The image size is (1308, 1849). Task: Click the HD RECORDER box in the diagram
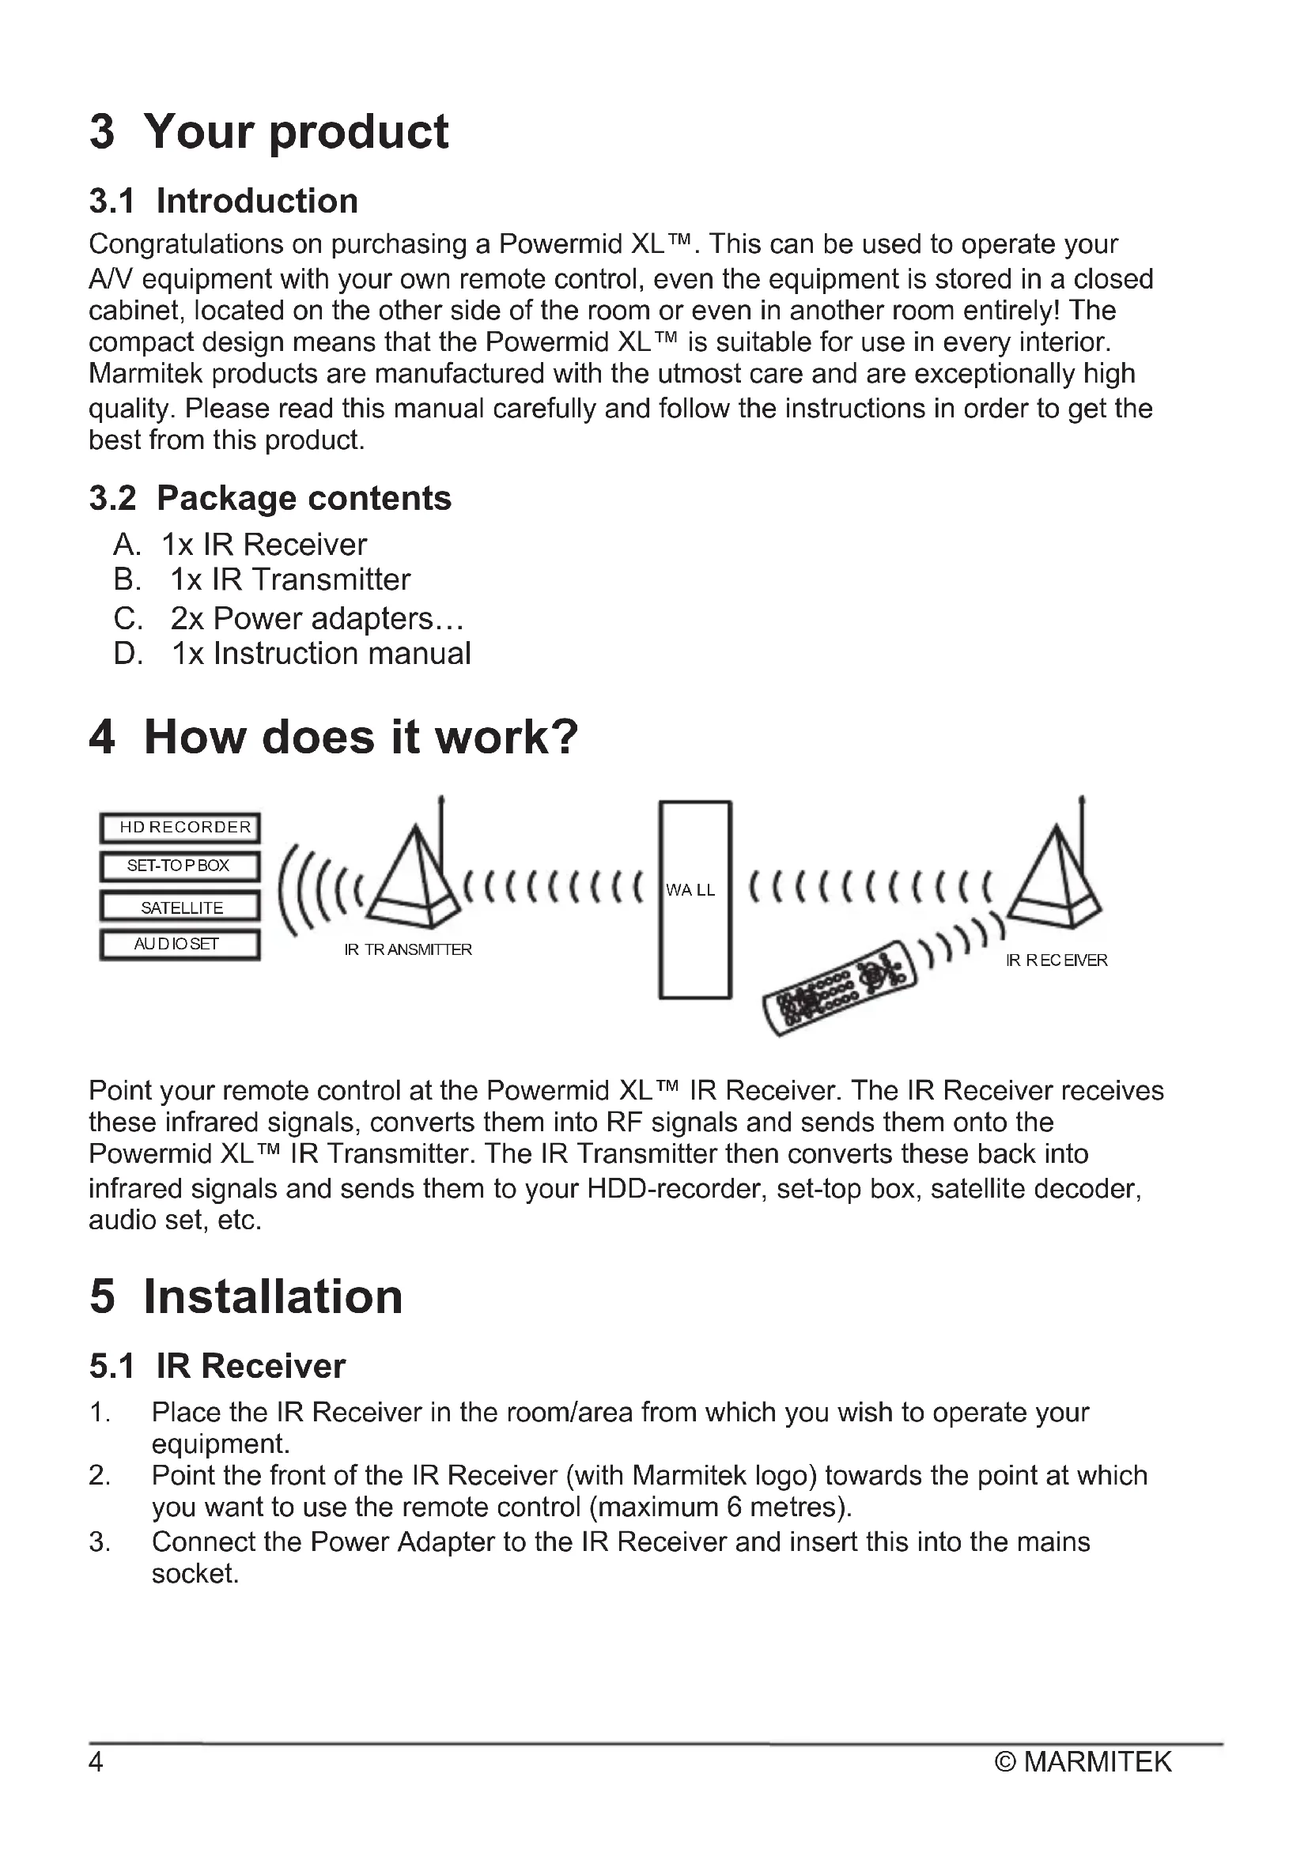[180, 827]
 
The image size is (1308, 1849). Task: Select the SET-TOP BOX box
[180, 866]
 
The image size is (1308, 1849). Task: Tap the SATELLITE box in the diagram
[180, 907]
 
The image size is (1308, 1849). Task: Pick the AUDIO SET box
[180, 945]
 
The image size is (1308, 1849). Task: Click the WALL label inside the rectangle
[690, 890]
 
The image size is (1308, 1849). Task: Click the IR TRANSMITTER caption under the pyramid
[407, 949]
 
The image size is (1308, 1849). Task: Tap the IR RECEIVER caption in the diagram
[1057, 960]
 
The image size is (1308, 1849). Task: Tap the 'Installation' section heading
[246, 1296]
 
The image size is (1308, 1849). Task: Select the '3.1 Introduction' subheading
[223, 201]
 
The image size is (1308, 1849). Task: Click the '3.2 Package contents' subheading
[270, 499]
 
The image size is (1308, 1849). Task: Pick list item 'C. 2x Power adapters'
[289, 618]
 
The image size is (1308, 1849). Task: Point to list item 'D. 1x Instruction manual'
[292, 653]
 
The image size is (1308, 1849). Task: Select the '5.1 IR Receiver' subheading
[217, 1367]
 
